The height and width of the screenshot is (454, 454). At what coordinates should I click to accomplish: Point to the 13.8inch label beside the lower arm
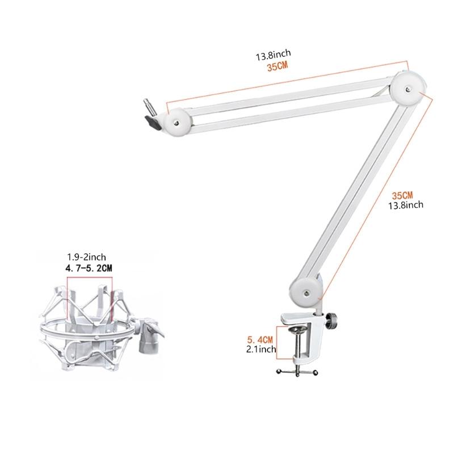pyautogui.click(x=405, y=205)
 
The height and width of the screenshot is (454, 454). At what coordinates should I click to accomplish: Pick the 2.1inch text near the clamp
pyautogui.click(x=260, y=350)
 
